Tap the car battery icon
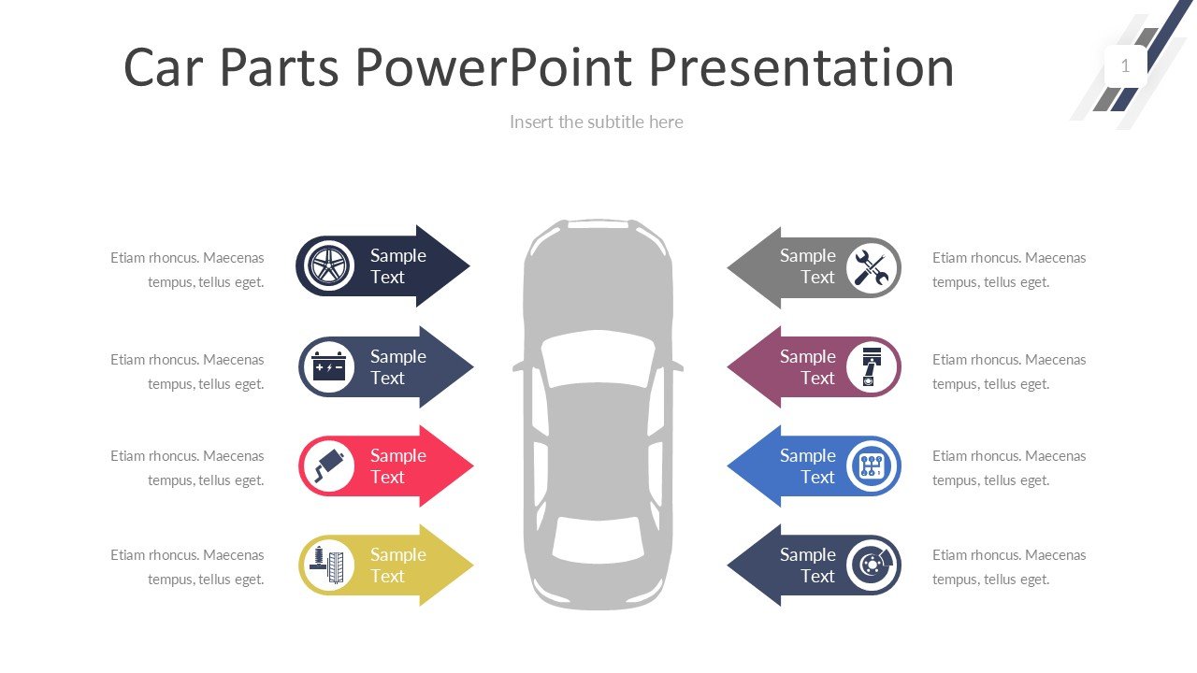(x=329, y=366)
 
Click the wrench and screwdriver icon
(x=872, y=268)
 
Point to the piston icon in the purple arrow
(x=872, y=366)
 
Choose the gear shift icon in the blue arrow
(x=872, y=465)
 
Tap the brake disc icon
(x=873, y=565)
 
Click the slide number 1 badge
(x=1125, y=66)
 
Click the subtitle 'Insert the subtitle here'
(x=597, y=122)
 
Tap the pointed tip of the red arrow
(x=471, y=465)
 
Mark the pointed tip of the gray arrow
(x=729, y=268)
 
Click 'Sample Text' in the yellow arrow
(x=397, y=565)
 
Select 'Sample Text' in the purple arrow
(x=808, y=366)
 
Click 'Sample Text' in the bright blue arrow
(x=808, y=465)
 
